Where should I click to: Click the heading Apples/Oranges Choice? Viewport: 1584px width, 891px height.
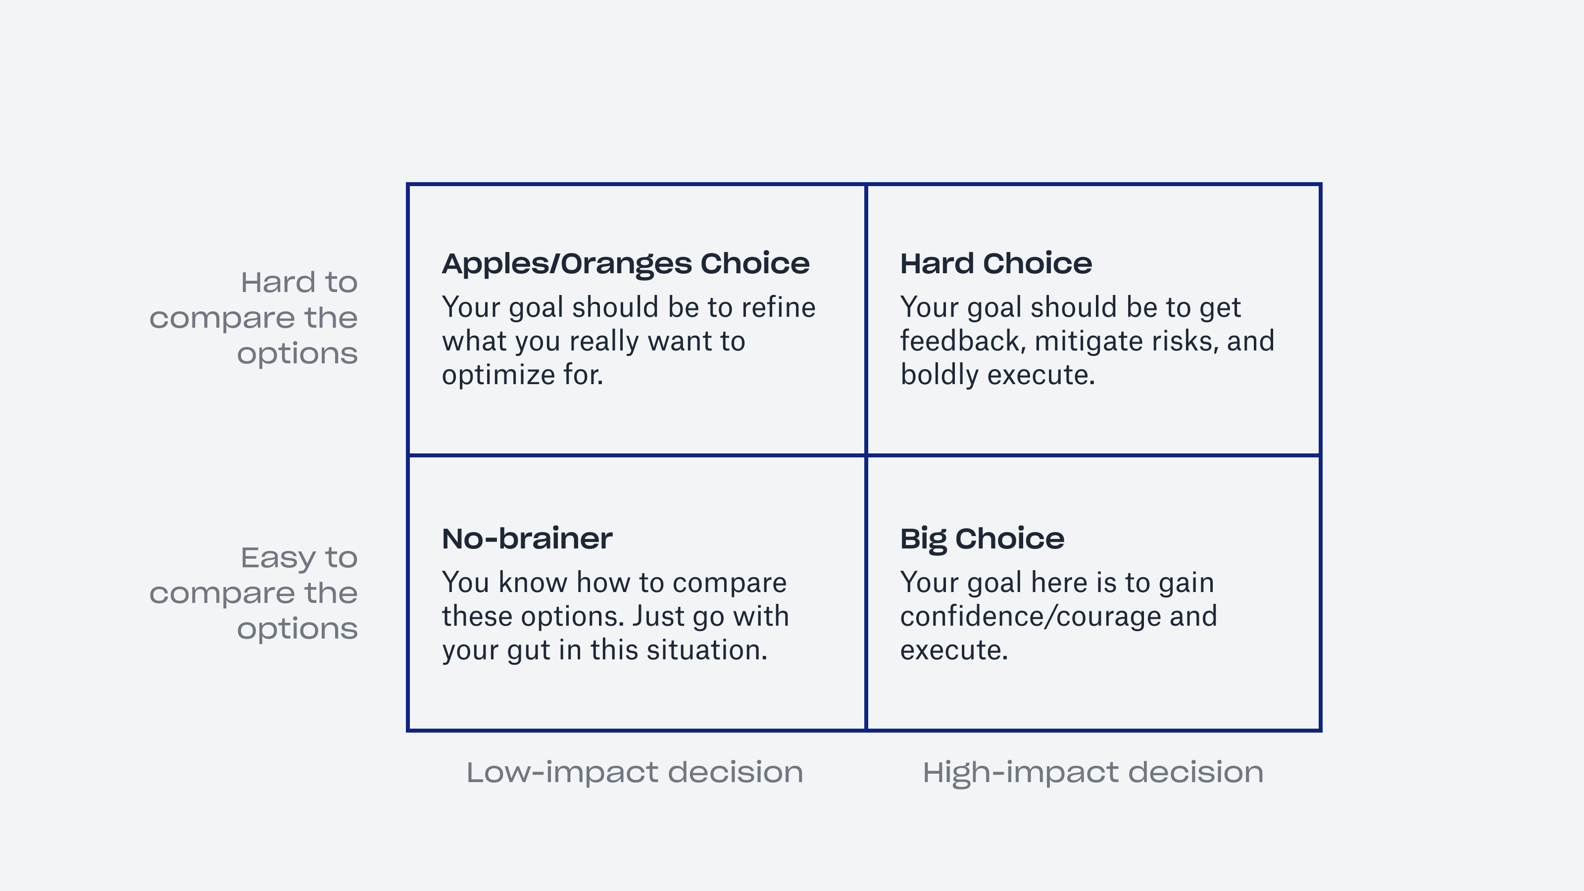coord(625,264)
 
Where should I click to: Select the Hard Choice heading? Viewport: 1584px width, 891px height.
coord(995,264)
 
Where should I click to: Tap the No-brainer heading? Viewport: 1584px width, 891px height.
coord(527,539)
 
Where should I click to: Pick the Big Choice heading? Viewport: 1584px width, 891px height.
coord(982,539)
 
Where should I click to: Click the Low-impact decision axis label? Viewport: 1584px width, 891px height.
coord(635,772)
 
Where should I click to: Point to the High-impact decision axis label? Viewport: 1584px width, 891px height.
coord(1092,772)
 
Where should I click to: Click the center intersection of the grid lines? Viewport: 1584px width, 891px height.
coord(866,455)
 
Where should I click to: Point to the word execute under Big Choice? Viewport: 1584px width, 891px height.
coord(954,650)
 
